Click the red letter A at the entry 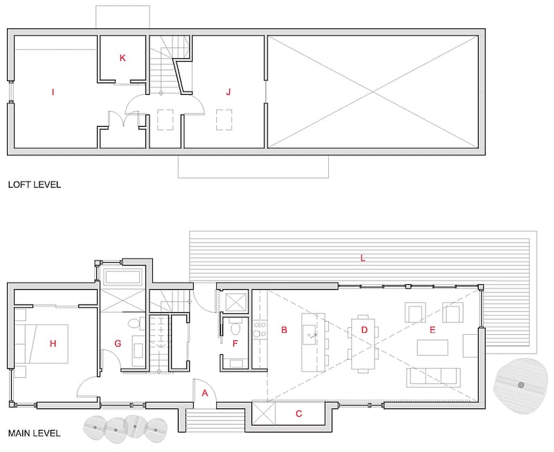(x=205, y=393)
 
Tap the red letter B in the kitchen (x=284, y=330)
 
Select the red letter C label (x=299, y=413)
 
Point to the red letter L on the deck (x=362, y=258)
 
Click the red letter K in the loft (x=123, y=58)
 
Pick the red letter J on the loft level (x=229, y=92)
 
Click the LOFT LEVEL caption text (x=34, y=184)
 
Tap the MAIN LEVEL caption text (x=34, y=433)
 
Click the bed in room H (x=41, y=343)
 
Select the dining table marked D (x=363, y=344)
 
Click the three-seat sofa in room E (x=434, y=377)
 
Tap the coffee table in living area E (x=432, y=347)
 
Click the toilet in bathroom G (x=136, y=324)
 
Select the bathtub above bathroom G (x=123, y=277)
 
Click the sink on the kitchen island (x=311, y=334)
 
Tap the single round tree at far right (x=521, y=385)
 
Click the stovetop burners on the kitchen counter (x=260, y=329)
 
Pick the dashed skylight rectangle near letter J (x=224, y=120)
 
